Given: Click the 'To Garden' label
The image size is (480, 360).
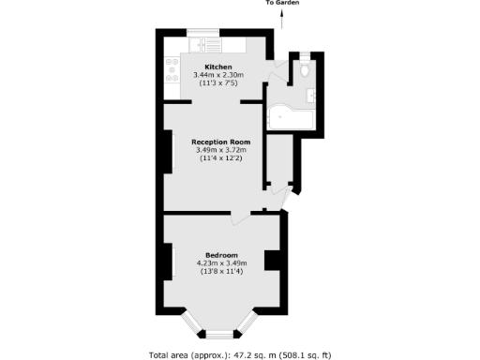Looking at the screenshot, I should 282,4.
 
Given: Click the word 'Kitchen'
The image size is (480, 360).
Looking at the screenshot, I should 218,67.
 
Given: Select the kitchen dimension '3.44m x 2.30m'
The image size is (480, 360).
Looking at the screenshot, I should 218,75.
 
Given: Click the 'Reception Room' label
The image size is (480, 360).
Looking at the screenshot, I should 218,142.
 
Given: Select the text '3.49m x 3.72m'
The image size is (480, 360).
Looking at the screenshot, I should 218,150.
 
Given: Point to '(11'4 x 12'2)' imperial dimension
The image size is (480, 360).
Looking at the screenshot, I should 218,158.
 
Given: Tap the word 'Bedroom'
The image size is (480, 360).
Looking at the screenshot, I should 221,255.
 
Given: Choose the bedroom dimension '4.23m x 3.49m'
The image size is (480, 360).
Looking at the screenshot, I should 221,263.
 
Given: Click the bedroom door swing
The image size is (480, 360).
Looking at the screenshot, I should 242,218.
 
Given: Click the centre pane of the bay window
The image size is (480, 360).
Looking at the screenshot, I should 219,333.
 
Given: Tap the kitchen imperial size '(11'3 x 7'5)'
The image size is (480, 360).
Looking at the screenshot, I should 218,83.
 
